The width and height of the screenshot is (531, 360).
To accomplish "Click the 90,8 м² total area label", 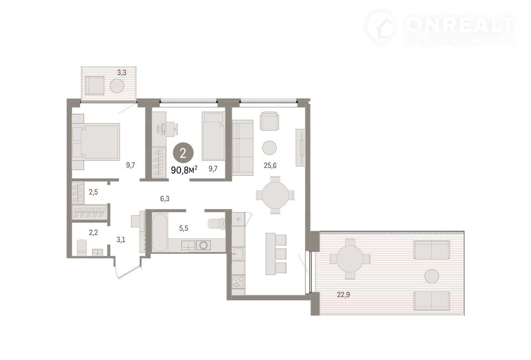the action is [184, 170].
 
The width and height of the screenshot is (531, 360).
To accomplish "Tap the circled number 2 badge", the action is [183, 154].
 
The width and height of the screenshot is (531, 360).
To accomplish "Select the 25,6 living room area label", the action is [270, 165].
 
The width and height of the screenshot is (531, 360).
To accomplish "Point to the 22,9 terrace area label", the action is [343, 295].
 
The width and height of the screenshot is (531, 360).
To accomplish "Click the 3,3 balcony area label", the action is [122, 73].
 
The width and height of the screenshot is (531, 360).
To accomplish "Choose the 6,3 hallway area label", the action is [165, 198].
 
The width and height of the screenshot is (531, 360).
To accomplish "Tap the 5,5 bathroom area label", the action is [184, 228].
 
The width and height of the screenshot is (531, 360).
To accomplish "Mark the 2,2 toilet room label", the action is [93, 232].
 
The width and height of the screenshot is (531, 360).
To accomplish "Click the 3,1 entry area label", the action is [121, 240].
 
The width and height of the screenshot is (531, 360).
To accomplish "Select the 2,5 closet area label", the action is [93, 192].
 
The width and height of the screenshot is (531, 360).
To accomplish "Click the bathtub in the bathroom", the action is [160, 232].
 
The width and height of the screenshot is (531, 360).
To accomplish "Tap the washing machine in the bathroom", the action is [204, 245].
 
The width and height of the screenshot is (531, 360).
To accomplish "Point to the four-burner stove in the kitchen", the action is [238, 282].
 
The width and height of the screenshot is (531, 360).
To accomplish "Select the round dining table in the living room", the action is [275, 195].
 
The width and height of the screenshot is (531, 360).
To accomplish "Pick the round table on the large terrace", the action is [350, 259].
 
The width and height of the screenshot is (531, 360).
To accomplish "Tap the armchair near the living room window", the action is [269, 121].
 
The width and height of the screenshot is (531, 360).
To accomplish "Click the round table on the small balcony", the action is [117, 85].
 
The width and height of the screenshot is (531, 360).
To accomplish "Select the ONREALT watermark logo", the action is [440, 29].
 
